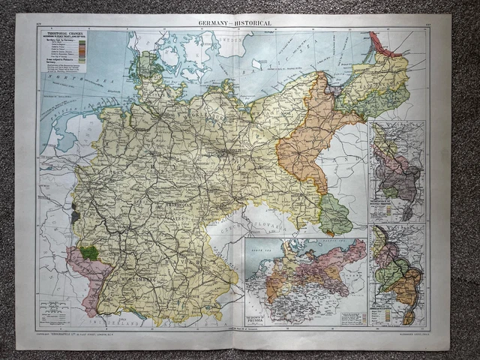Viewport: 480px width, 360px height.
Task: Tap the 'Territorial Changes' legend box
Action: pos(64,52)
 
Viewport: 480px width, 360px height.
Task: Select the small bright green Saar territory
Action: pos(89,253)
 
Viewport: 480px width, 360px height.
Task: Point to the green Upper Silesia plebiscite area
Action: pos(334,215)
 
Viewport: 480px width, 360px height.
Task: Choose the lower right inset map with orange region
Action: pos(398,274)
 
